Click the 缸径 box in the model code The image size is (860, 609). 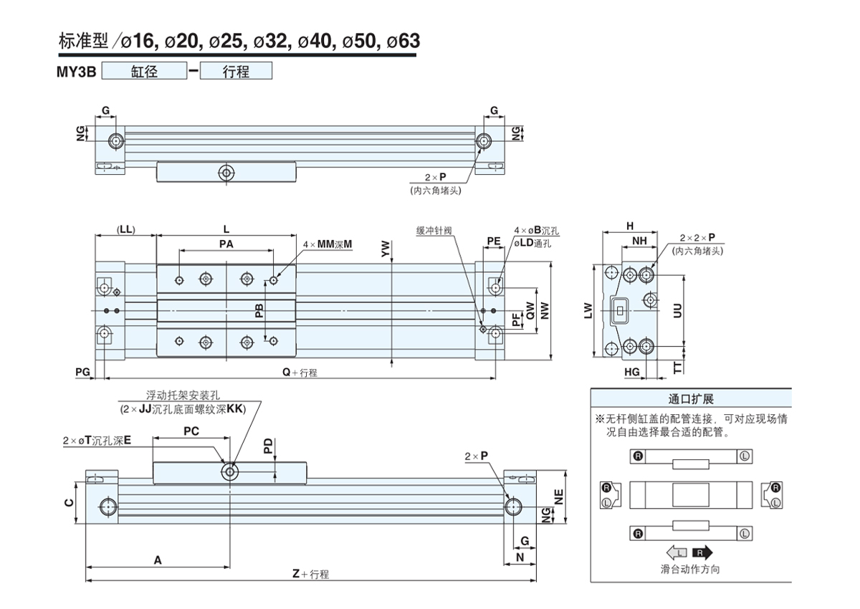click(x=144, y=71)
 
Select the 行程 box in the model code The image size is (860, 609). click(x=236, y=71)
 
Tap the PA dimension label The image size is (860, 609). click(x=226, y=244)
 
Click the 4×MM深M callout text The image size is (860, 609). click(x=328, y=244)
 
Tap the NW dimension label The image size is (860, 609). click(x=545, y=310)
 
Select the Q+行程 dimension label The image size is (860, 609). click(x=300, y=373)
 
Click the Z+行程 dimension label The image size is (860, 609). click(x=310, y=574)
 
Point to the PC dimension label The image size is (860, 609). click(x=191, y=431)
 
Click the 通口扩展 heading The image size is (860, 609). click(x=691, y=399)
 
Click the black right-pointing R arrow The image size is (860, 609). click(x=702, y=552)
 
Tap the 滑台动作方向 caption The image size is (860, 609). click(x=690, y=570)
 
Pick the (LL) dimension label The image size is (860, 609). click(x=126, y=229)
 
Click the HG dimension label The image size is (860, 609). click(x=631, y=372)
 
